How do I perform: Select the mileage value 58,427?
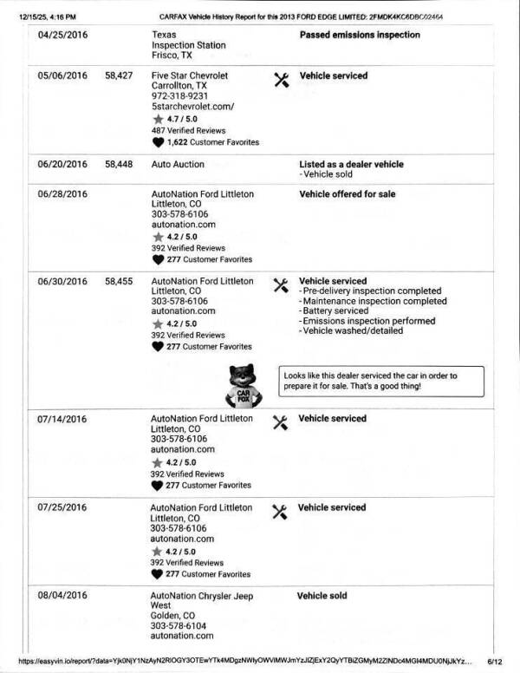click(118, 76)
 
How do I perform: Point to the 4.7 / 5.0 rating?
click(181, 120)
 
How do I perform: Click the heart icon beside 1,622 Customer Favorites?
click(158, 142)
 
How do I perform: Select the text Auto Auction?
click(178, 164)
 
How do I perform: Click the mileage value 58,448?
click(118, 164)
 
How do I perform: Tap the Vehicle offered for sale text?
click(347, 194)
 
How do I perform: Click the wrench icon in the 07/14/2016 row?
click(279, 421)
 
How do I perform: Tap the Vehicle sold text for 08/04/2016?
click(322, 596)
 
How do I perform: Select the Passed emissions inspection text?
click(359, 35)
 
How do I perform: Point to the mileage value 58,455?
click(118, 281)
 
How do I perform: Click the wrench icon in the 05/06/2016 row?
click(280, 79)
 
